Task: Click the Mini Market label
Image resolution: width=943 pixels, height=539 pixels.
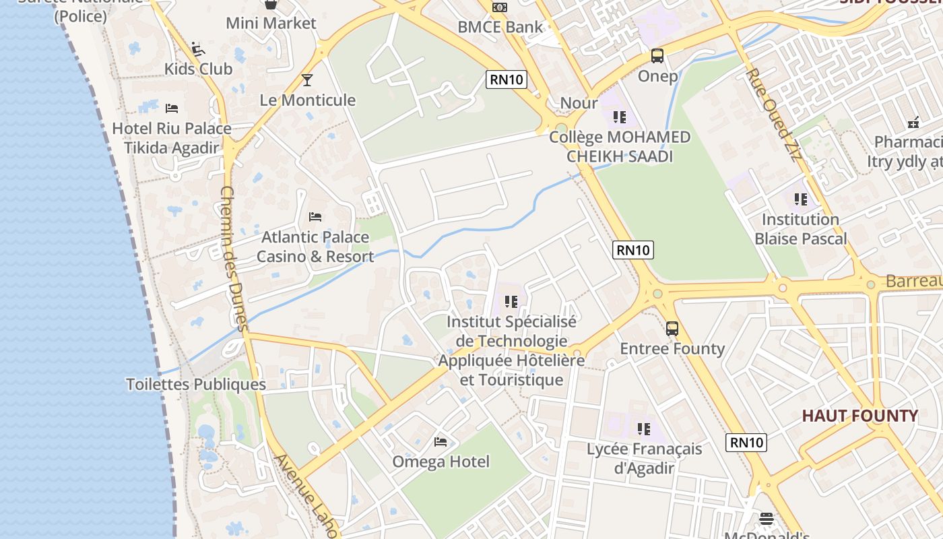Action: coord(271,24)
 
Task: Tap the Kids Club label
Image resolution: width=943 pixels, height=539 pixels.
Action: coord(199,69)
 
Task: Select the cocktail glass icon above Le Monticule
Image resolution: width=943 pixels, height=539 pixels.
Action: coord(307,80)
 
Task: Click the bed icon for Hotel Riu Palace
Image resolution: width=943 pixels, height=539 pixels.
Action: coord(172,108)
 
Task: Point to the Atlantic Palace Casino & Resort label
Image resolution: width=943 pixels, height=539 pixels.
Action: coord(315,247)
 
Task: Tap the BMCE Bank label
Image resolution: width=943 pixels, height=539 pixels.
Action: coord(500,27)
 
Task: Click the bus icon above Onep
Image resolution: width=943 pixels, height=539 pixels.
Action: coord(657,56)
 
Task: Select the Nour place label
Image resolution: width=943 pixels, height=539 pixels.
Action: coord(579,103)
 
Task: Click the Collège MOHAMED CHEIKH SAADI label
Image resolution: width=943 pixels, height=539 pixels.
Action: coord(620,147)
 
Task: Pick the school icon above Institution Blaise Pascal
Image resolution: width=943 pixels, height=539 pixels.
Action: coord(800,199)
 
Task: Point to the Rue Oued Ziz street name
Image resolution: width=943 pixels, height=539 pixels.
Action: coord(774,115)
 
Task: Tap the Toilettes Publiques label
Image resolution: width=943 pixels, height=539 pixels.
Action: coord(196,385)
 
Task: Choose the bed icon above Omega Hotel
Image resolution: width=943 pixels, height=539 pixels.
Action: coord(441,442)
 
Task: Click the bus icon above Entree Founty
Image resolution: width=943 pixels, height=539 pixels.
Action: coord(672,329)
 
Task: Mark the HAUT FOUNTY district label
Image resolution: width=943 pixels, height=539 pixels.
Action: coord(859,416)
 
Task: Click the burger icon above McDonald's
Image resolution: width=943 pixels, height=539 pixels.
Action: coord(767,519)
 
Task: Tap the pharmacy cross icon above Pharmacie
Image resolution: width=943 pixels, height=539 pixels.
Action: coord(913,123)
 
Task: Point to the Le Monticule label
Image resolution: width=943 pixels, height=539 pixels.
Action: coord(308,100)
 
